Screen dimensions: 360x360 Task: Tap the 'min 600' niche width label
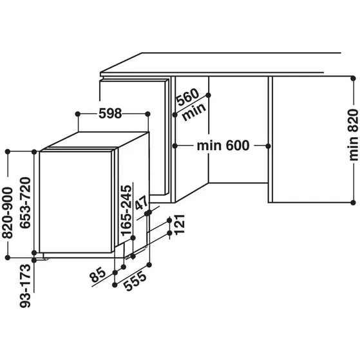(x=222, y=146)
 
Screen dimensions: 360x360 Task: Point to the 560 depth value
(x=187, y=97)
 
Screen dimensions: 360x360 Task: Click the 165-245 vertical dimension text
(x=127, y=209)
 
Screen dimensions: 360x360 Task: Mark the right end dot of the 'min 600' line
(x=269, y=146)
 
